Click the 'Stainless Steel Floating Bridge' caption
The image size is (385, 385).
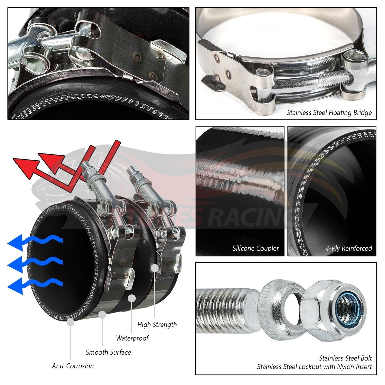pos(329,113)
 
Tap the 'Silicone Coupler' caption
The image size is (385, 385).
pos(256,249)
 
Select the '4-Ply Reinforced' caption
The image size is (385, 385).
pos(348,249)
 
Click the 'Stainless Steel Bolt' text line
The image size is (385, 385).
pos(345,358)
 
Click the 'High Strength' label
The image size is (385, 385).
pos(157,325)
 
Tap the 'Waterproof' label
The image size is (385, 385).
pos(132,338)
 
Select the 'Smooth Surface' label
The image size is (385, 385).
pos(108,352)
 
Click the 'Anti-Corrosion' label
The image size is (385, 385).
pos(73,366)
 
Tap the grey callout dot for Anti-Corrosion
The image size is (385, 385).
pos(70,322)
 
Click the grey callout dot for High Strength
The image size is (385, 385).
pos(155,268)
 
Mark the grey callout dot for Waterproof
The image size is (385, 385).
pos(132,299)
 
